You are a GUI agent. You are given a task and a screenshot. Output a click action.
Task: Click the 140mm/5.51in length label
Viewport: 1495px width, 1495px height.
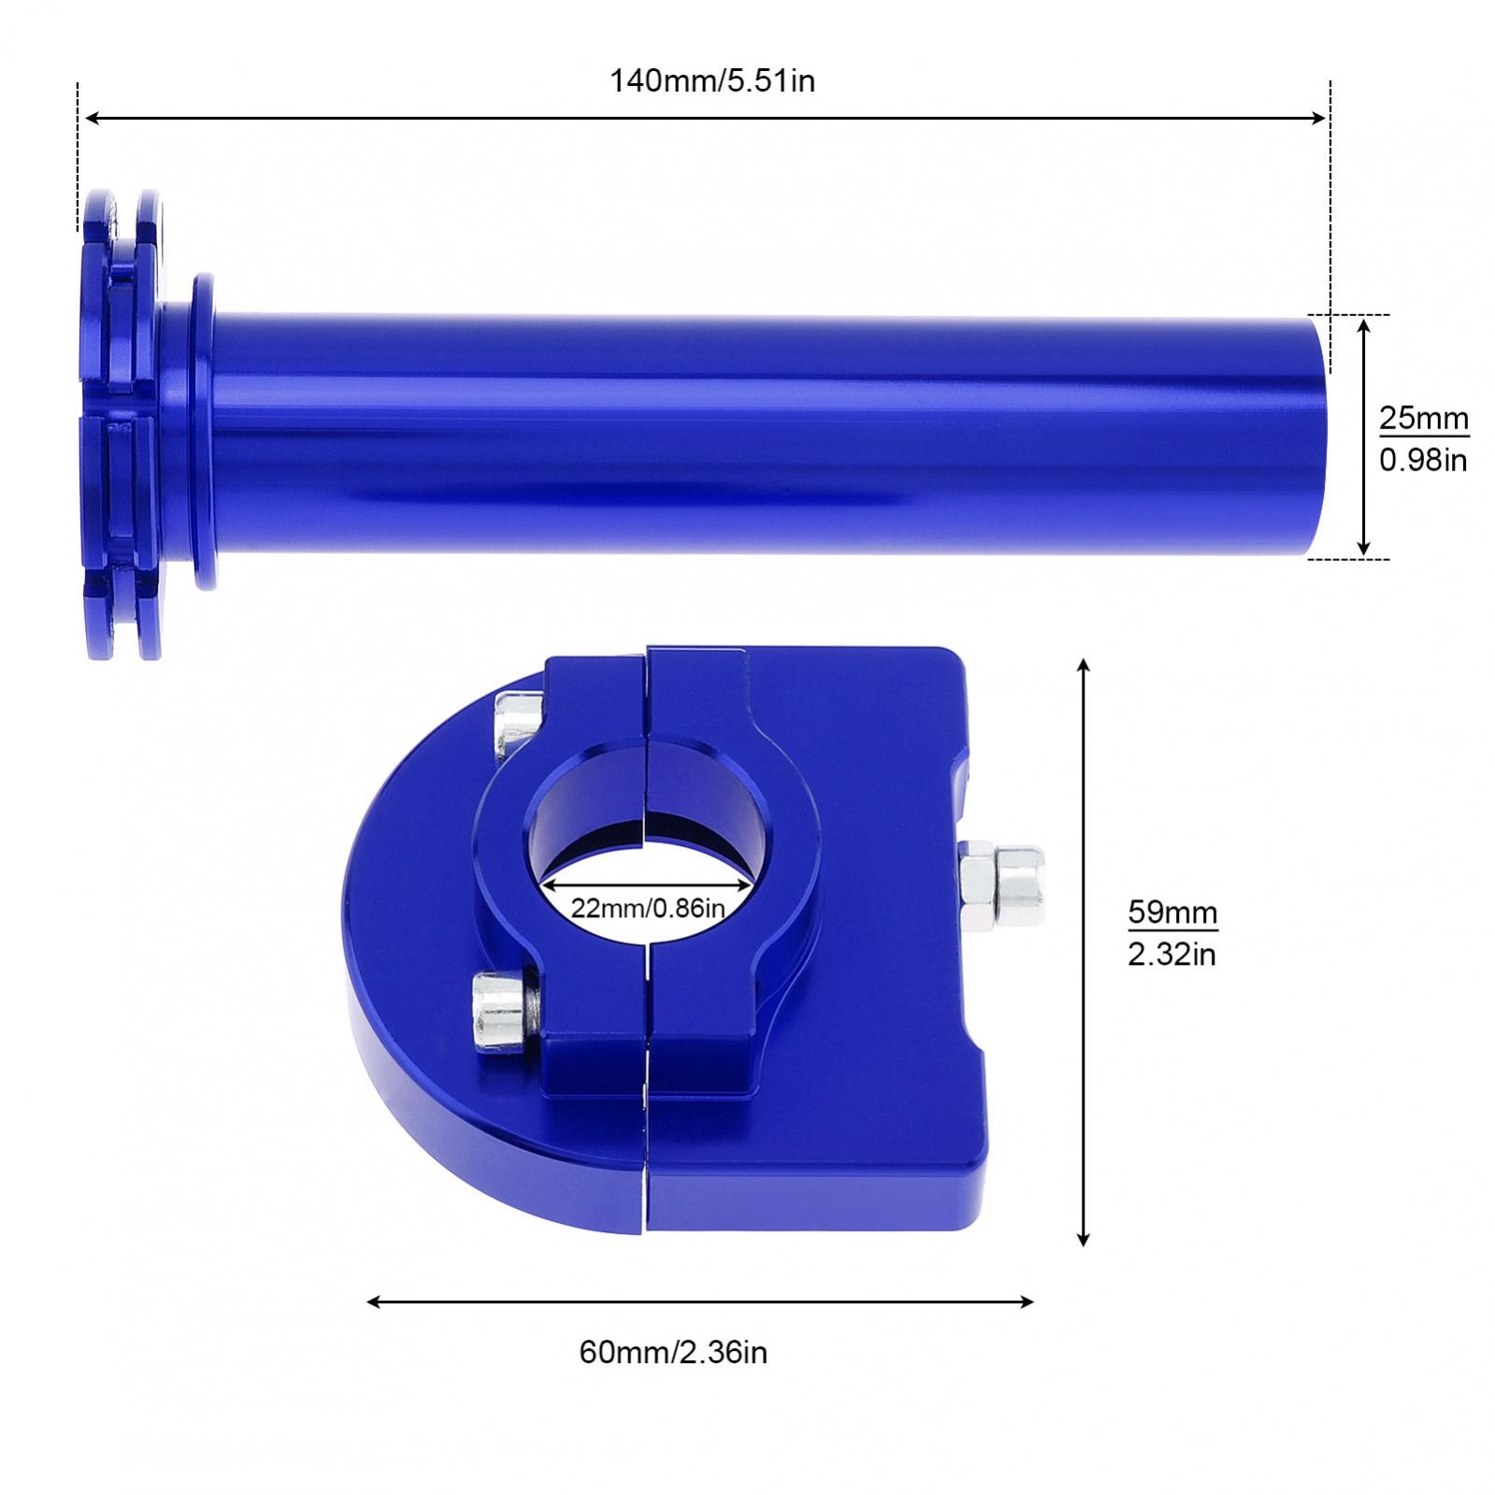(x=712, y=81)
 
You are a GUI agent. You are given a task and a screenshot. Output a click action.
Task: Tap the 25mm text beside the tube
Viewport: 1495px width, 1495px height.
(x=1423, y=418)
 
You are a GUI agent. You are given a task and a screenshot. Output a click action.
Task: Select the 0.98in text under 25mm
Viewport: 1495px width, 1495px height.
(x=1423, y=460)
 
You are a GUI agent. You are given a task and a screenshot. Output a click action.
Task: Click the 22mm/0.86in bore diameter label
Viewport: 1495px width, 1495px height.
(x=648, y=907)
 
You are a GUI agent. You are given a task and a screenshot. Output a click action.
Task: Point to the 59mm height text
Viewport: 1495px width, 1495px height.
(x=1172, y=911)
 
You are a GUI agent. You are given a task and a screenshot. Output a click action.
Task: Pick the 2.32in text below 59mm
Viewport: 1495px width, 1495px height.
(x=1172, y=955)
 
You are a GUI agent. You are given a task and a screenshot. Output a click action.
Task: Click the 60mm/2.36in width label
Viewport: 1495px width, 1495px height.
(x=673, y=1352)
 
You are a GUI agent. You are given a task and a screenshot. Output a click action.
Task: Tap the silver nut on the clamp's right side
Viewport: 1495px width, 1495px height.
(x=1002, y=884)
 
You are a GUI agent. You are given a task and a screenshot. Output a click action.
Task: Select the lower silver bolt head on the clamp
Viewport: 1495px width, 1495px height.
(x=498, y=1010)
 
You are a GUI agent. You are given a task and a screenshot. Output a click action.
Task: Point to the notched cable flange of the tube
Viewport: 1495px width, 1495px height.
(x=120, y=425)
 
